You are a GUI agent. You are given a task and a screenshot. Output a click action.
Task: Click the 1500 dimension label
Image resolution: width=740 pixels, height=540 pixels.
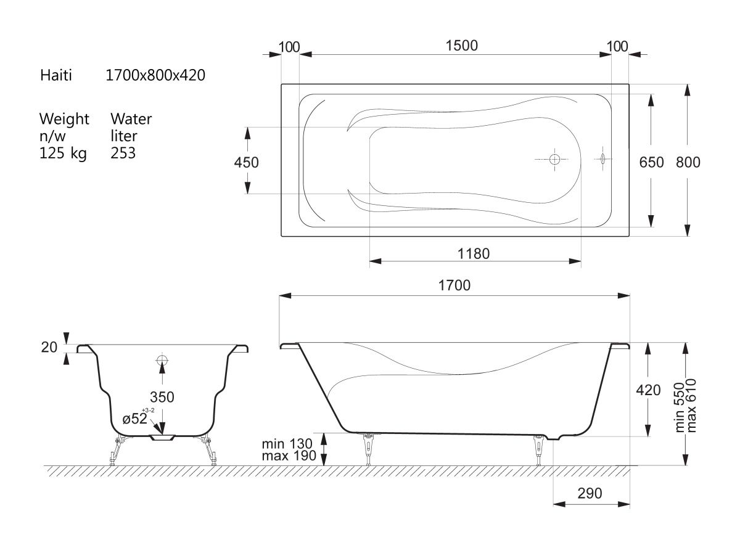coord(461,46)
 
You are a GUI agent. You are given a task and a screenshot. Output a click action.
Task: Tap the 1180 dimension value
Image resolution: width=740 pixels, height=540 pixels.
coord(474,253)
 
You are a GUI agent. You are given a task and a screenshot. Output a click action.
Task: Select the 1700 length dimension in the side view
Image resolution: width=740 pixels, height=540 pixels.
coord(454,285)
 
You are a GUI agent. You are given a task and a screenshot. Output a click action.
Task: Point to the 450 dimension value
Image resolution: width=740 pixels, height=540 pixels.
coord(246,162)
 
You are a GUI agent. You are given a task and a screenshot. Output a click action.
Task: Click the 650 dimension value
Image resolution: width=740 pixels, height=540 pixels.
coord(651,162)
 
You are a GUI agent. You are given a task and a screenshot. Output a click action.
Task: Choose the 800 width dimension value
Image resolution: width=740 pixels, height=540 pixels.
coord(688,162)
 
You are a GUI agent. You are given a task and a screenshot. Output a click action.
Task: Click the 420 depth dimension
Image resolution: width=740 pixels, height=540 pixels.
coord(648,390)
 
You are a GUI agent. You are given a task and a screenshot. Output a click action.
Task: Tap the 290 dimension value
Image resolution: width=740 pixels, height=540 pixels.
coord(590,493)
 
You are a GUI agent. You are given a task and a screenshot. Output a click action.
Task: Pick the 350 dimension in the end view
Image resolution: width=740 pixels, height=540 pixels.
coord(162,397)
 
